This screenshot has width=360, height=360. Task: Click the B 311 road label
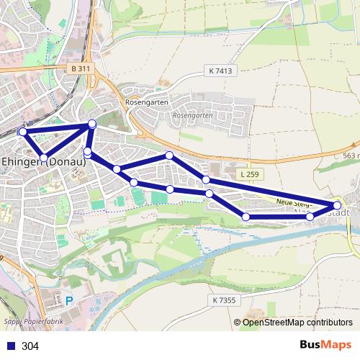click(x=82, y=68)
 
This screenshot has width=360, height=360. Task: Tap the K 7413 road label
click(x=220, y=71)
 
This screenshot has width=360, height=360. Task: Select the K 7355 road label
click(x=225, y=299)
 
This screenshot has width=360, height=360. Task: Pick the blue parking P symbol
click(x=69, y=302)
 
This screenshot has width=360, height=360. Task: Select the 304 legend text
click(x=30, y=346)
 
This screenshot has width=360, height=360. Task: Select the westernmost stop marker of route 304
click(x=23, y=132)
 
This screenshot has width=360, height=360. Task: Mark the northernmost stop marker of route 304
click(x=92, y=125)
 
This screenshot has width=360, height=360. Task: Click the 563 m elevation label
click(x=351, y=155)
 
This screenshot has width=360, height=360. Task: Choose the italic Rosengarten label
click(x=194, y=114)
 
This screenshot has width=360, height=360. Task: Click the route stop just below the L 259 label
click(x=206, y=179)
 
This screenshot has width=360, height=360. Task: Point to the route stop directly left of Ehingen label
click(x=44, y=157)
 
